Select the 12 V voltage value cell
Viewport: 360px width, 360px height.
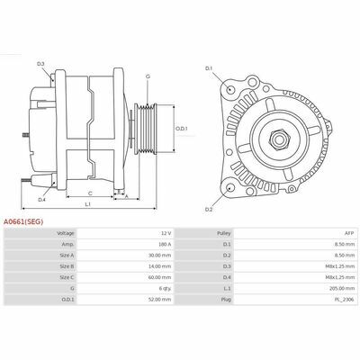[165, 232]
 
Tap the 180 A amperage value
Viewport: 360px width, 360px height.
[164, 244]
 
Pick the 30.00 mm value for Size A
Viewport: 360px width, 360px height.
[159, 256]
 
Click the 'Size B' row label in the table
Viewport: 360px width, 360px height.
[67, 267]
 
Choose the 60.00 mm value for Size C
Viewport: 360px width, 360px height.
[159, 279]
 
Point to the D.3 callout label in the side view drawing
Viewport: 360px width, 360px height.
[41, 63]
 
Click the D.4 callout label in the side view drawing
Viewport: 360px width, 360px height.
[41, 186]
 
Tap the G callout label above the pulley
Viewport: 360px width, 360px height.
[147, 76]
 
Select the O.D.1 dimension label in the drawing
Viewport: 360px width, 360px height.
[181, 128]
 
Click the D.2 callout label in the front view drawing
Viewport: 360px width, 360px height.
[208, 209]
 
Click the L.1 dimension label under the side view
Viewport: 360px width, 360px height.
[87, 205]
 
